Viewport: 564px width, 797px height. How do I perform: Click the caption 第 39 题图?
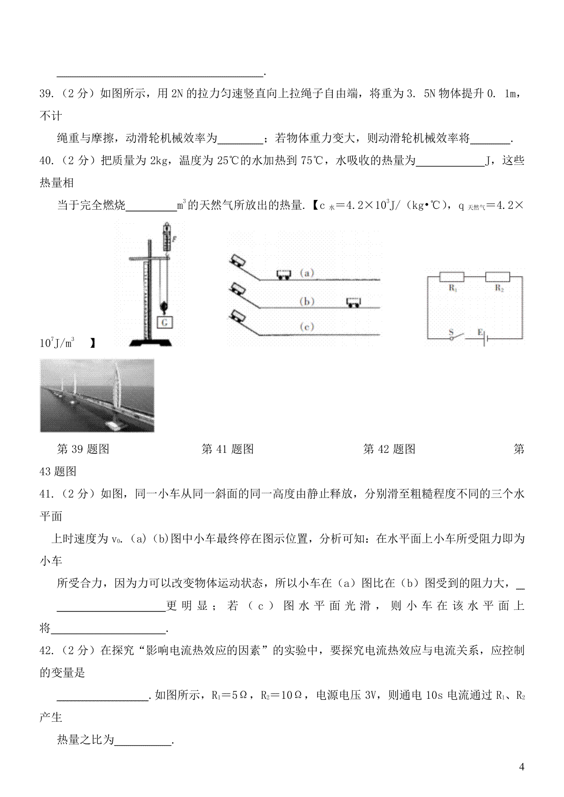click(x=83, y=450)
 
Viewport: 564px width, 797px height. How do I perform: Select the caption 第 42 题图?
click(x=389, y=450)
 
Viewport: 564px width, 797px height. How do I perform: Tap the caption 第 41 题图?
click(x=227, y=450)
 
